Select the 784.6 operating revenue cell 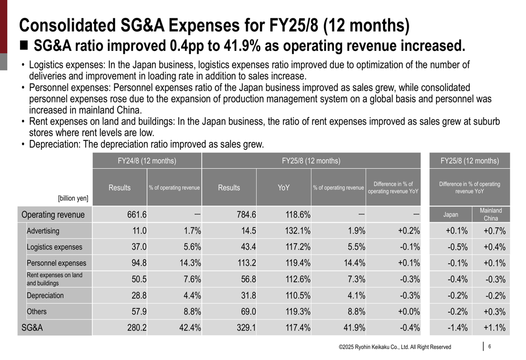[246, 214]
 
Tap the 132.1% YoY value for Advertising [298, 231]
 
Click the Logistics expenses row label [55, 247]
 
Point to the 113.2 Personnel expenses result [246, 263]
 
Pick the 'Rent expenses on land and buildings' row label [55, 279]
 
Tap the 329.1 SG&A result [246, 328]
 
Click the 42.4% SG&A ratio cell [189, 328]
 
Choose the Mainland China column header [491, 214]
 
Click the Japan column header [451, 214]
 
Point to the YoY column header [284, 188]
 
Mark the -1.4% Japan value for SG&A [457, 328]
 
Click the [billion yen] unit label [73, 199]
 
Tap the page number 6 [490, 346]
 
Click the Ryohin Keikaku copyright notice [394, 347]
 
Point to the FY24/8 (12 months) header [147, 161]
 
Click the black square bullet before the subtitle [24, 45]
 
